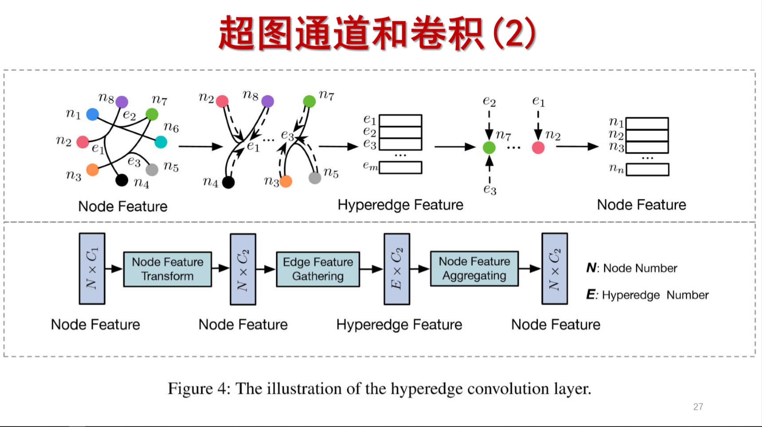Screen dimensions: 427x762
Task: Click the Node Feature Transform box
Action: pos(167,269)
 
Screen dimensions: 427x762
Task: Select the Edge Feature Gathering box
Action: pos(318,269)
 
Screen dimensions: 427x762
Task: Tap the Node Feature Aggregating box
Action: pos(474,269)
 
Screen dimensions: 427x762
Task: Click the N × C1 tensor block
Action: pos(92,269)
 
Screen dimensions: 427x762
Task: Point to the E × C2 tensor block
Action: pos(397,269)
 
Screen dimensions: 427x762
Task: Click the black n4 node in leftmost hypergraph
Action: pos(122,180)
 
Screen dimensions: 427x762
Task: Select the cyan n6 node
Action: pos(161,142)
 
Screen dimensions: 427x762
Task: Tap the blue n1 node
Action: pos(92,114)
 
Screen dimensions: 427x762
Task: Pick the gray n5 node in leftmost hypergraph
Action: pos(152,169)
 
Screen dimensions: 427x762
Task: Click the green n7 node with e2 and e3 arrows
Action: pos(489,148)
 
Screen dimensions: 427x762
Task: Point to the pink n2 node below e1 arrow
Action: pos(538,148)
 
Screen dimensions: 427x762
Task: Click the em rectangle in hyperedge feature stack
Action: pos(400,168)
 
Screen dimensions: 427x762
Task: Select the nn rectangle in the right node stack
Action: pos(647,170)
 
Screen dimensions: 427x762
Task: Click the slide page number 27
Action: pos(698,407)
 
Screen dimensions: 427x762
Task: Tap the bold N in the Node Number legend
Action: pos(591,268)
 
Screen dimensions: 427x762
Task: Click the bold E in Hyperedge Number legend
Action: pos(591,294)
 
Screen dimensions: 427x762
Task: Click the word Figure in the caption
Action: pos(190,389)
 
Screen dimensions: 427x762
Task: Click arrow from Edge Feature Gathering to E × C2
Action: pos(371,269)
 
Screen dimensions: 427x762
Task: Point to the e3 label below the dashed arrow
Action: pos(490,189)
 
